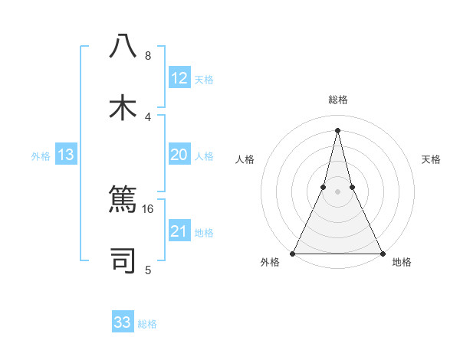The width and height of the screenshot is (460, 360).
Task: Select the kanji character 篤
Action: (123, 201)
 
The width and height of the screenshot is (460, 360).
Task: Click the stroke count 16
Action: (148, 208)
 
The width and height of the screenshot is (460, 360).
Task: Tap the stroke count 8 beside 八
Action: (147, 56)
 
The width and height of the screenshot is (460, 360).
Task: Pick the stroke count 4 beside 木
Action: (147, 116)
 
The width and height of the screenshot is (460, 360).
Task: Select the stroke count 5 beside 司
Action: (147, 270)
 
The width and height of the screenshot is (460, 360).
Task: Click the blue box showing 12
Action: (179, 78)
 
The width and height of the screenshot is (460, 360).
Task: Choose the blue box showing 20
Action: (179, 155)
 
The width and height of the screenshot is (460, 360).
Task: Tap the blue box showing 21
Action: (179, 231)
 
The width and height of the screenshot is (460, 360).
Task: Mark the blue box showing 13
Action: (65, 155)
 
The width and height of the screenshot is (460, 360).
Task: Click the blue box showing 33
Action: (123, 322)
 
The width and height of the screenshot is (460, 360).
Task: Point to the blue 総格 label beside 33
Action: (147, 324)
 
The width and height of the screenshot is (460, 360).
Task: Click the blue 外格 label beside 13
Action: (41, 156)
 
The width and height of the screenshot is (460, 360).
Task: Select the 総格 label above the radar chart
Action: (337, 100)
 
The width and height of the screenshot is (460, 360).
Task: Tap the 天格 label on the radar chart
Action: (432, 159)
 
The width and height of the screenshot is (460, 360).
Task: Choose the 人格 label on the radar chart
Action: (245, 159)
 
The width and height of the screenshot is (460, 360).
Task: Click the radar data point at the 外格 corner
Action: (293, 253)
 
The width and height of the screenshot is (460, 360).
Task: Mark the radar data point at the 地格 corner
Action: (382, 253)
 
